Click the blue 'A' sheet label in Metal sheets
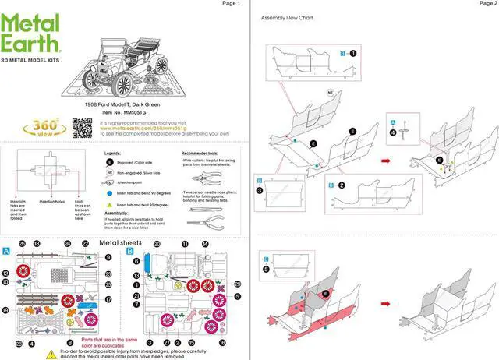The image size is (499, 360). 7,251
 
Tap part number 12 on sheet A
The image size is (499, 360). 5,273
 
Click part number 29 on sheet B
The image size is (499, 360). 237,284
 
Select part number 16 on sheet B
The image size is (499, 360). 222,342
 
